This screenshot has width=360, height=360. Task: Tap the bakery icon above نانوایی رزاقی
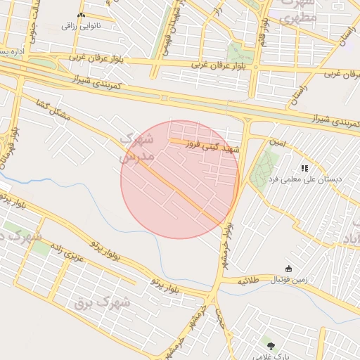[81, 15]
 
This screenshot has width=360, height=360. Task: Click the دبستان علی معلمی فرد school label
[304, 181]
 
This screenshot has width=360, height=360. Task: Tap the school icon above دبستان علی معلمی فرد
[304, 169]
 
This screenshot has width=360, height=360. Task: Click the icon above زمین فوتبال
[288, 269]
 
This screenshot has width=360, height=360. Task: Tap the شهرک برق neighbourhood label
[102, 303]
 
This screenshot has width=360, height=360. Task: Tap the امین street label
[278, 143]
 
